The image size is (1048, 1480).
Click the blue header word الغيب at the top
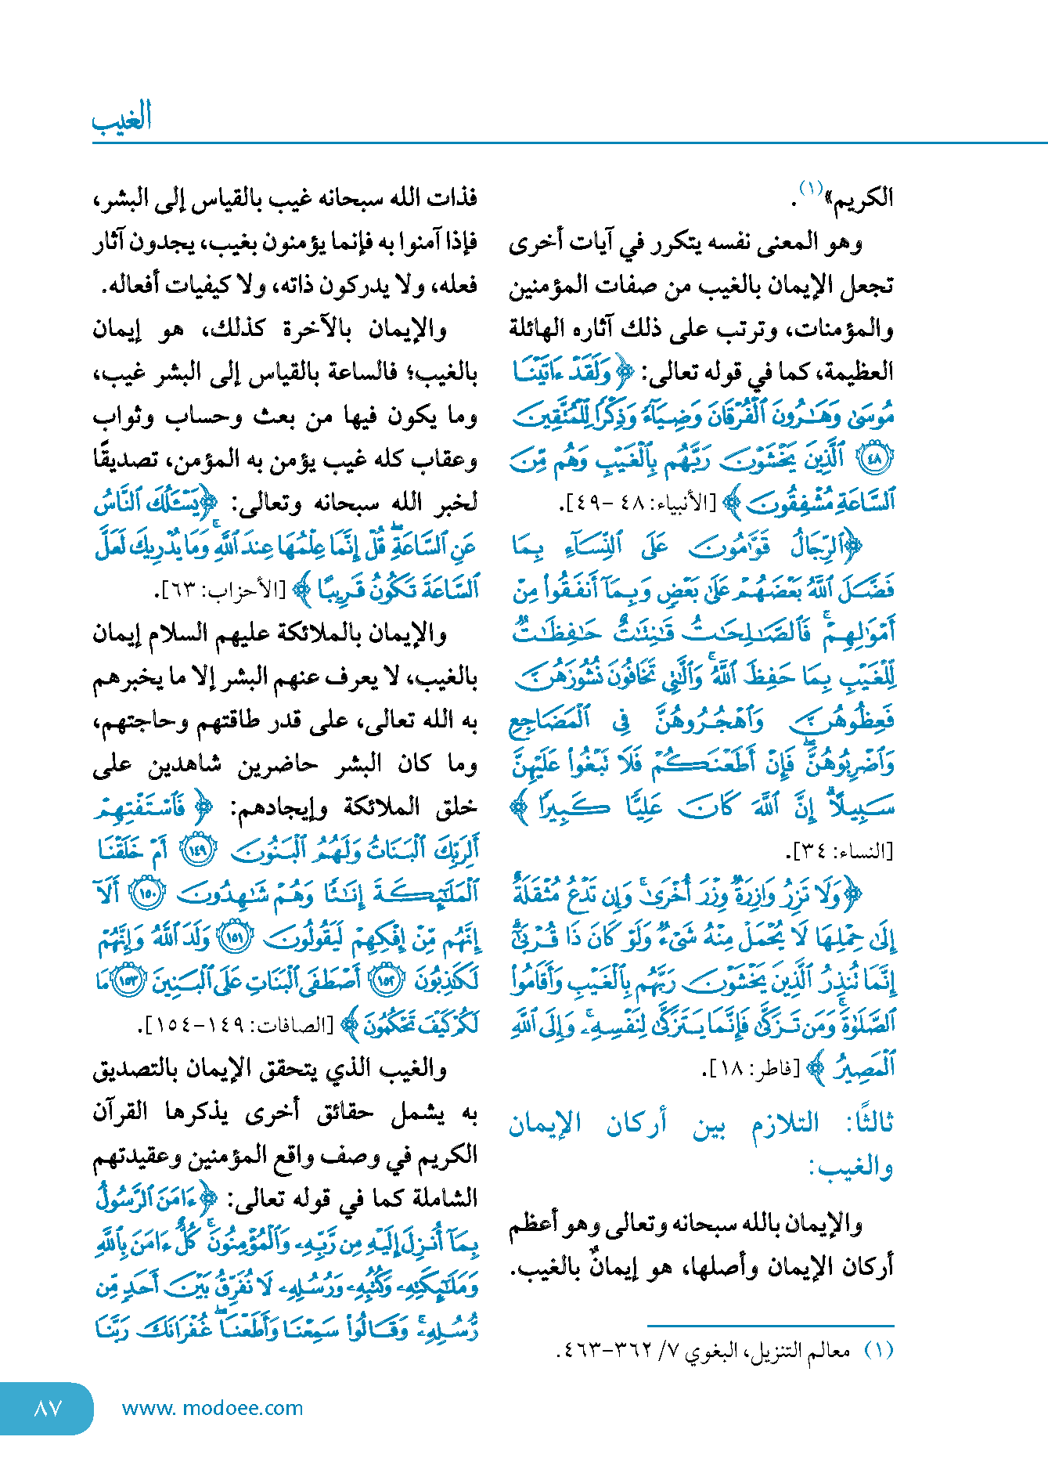121,118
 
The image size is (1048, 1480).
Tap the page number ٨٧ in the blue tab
49,1408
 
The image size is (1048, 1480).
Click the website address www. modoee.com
212,1408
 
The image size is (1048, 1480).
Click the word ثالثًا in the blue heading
870,1124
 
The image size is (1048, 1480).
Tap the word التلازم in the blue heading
784,1124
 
